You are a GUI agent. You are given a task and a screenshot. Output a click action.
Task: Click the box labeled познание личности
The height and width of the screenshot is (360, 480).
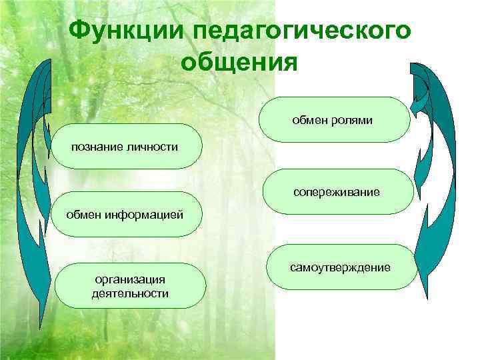click(126, 146)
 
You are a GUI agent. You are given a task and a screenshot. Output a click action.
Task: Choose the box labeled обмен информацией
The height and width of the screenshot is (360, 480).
click(126, 215)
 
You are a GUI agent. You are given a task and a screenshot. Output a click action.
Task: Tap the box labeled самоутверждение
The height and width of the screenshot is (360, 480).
click(341, 267)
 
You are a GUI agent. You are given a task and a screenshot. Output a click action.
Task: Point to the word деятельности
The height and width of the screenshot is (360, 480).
click(130, 293)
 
